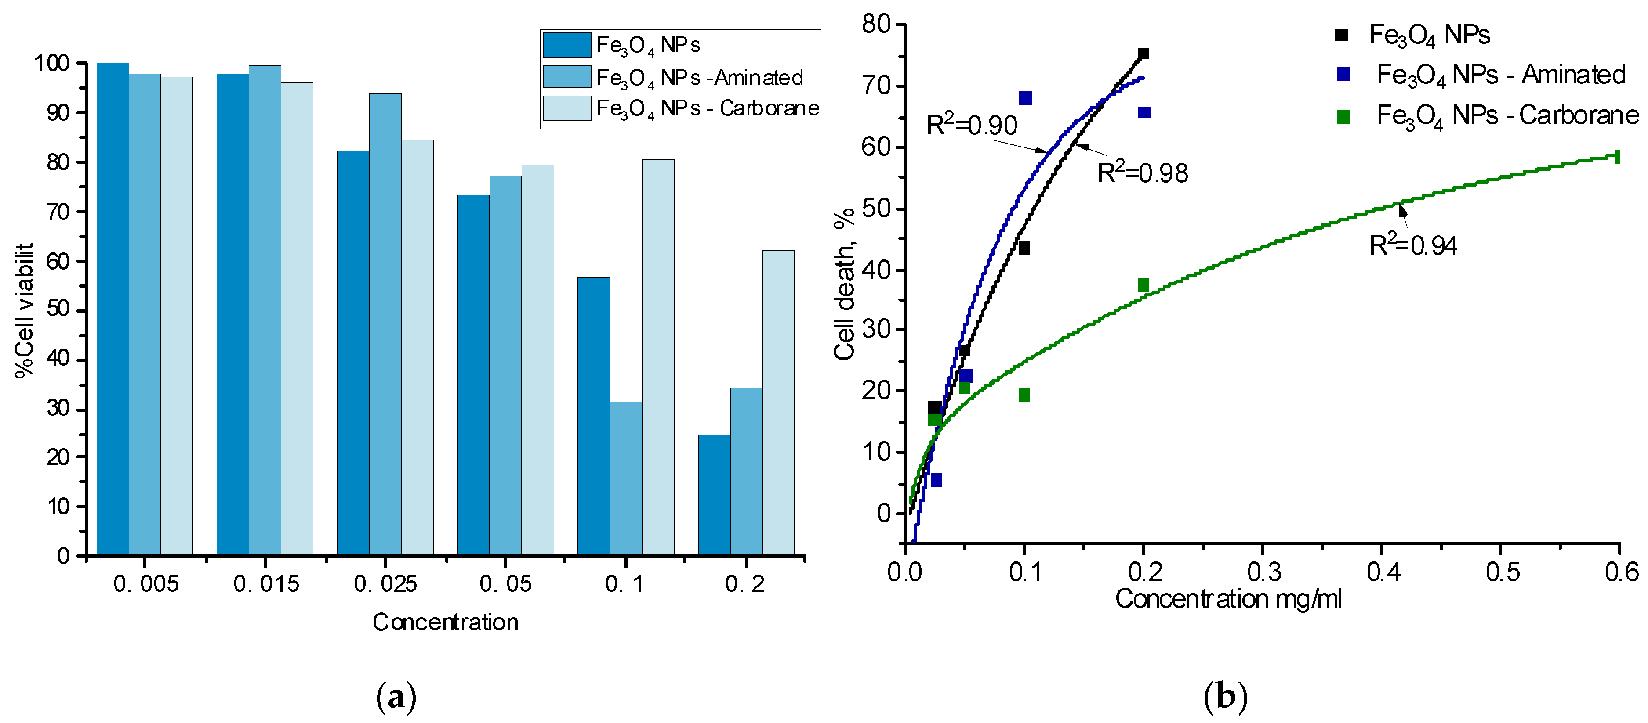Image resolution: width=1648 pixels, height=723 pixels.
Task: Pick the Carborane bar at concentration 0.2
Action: click(x=778, y=402)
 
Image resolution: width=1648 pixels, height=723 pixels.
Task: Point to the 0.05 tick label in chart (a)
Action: click(x=505, y=584)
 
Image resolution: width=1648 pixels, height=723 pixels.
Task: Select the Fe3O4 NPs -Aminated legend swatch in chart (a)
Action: click(x=566, y=77)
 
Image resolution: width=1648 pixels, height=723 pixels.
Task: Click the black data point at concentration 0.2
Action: click(x=1143, y=54)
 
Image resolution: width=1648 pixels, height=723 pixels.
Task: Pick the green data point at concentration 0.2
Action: click(x=1143, y=285)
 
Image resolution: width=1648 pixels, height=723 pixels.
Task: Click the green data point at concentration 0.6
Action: click(x=1617, y=157)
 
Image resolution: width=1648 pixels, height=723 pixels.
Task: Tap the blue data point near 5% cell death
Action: click(x=935, y=480)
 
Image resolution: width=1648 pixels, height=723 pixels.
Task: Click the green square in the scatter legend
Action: click(x=1343, y=117)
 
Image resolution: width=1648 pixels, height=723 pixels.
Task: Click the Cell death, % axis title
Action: click(x=845, y=284)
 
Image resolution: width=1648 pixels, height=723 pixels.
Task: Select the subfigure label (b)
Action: click(x=1225, y=697)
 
